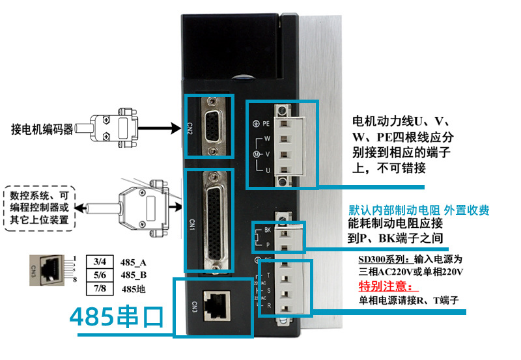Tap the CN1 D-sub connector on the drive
click(x=211, y=221)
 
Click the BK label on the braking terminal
click(x=267, y=230)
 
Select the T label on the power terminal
click(x=269, y=275)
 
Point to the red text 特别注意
click(x=386, y=288)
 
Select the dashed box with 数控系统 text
click(x=40, y=208)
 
